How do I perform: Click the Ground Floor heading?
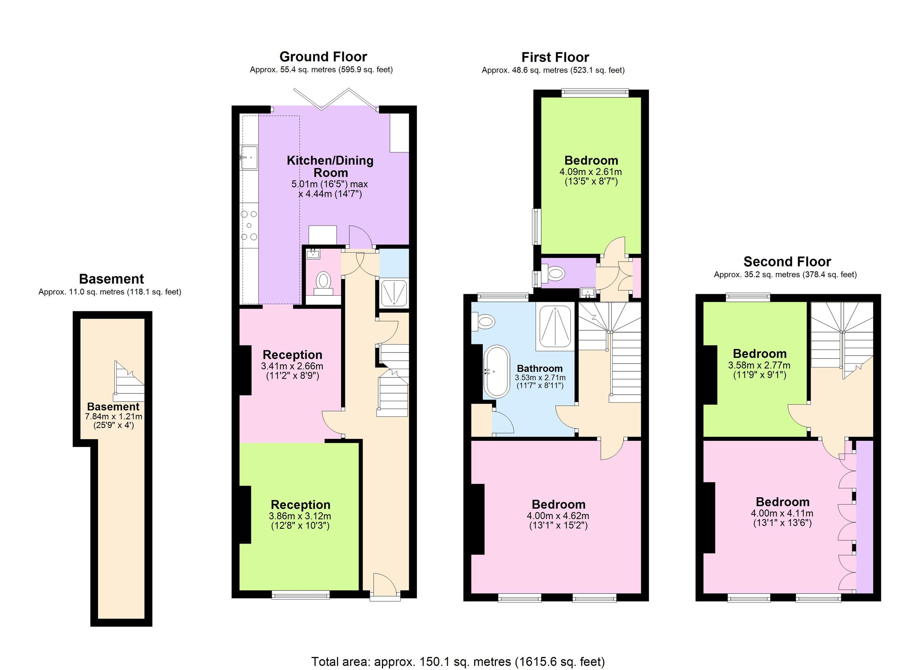coord(323,56)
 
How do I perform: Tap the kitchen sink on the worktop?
coord(249,157)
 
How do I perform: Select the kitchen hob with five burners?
coord(249,225)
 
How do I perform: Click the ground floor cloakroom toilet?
coord(323,281)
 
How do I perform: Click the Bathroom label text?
coord(539,369)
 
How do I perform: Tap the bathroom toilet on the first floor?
coord(484,322)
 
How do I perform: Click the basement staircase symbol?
coord(129,382)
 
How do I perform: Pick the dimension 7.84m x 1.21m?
coord(113,417)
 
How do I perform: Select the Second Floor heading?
coord(787,261)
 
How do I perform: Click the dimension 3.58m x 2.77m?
coord(759,365)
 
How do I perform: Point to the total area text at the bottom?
coord(458,662)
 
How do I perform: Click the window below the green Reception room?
coord(300,596)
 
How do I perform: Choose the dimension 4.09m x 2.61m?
coord(590,172)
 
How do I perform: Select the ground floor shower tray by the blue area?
coord(393,293)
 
